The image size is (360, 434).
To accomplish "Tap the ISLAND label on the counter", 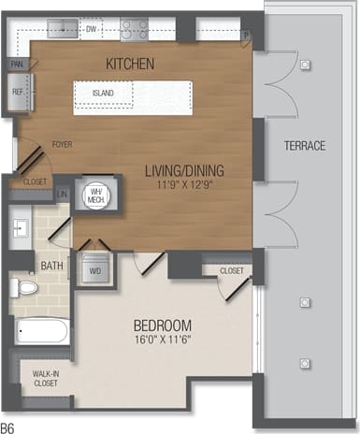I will [x=105, y=94].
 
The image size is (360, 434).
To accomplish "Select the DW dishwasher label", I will [x=92, y=29].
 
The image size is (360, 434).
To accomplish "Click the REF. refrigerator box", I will [x=18, y=93].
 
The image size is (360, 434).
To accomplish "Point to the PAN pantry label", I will [x=17, y=65].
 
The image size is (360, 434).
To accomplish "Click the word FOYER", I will [x=62, y=145].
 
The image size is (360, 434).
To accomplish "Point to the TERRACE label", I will [x=305, y=146].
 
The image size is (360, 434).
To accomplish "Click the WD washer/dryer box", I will [x=94, y=272].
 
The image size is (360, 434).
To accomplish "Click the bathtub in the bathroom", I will [x=42, y=331].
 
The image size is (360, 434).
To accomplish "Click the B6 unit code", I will [x=8, y=427].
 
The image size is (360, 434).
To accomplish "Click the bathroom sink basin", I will [x=22, y=228].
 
